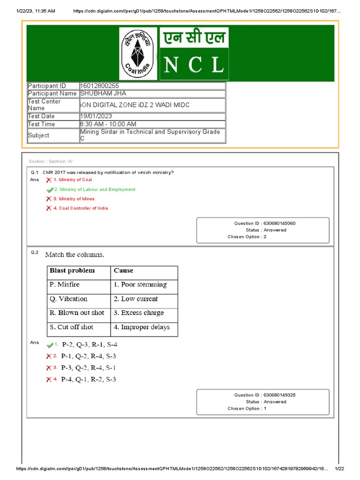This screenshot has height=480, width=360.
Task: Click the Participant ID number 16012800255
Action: tap(100, 86)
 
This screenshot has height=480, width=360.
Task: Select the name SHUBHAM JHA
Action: tap(104, 93)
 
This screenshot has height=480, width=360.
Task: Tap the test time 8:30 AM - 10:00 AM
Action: tap(108, 124)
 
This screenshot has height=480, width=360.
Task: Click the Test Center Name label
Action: tap(44, 105)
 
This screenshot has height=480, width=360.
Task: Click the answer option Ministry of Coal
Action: tap(75, 180)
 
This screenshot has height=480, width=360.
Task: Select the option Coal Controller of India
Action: tap(83, 208)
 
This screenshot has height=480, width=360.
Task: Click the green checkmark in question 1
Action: tap(50, 190)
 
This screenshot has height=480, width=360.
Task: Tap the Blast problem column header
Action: tap(72, 270)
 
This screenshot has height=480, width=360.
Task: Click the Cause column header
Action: tap(123, 270)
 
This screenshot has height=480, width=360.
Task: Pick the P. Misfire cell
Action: tap(65, 285)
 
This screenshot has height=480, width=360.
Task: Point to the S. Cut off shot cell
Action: tap(71, 327)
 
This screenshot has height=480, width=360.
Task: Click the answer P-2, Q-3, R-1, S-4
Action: tap(89, 345)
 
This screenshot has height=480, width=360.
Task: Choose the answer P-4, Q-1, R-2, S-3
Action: tap(89, 379)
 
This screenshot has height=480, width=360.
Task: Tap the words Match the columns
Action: tap(75, 255)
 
